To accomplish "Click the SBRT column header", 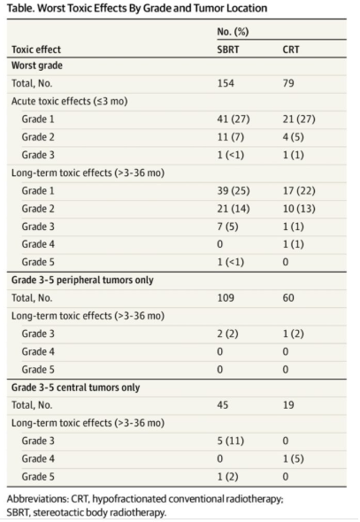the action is click(x=228, y=50).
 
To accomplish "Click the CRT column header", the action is click(x=291, y=50).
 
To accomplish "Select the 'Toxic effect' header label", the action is click(x=36, y=50).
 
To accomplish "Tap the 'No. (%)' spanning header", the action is click(x=233, y=32).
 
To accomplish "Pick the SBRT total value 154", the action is click(x=226, y=83).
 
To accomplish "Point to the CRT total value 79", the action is click(x=288, y=83).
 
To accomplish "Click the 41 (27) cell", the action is click(x=234, y=119).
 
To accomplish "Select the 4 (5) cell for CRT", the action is click(x=293, y=137).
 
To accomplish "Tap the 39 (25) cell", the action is click(x=234, y=190).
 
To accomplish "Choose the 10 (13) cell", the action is click(x=299, y=209).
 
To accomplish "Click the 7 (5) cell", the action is click(x=227, y=226).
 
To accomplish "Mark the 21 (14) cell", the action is click(x=234, y=209).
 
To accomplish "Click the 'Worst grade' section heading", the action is click(x=37, y=65).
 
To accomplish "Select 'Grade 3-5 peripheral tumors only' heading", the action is click(x=82, y=280).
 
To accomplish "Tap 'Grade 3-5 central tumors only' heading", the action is click(x=75, y=388).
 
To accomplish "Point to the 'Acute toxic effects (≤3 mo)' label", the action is click(x=70, y=101).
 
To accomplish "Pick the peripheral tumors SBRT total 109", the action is click(x=226, y=297).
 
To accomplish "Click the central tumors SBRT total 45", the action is click(x=223, y=405).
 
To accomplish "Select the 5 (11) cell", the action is click(x=231, y=441).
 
